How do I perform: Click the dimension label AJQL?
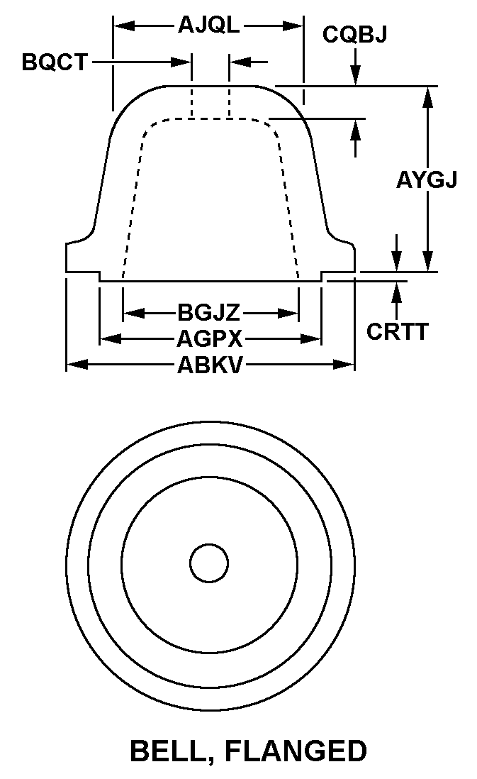[x=209, y=24]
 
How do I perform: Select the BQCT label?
[x=55, y=62]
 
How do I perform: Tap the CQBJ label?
[x=355, y=34]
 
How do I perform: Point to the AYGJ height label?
[x=427, y=179]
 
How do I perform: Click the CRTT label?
[x=397, y=331]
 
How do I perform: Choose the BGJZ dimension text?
[x=209, y=313]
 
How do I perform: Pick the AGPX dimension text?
[x=210, y=339]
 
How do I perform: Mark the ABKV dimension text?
[x=210, y=365]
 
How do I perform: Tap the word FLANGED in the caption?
[x=296, y=751]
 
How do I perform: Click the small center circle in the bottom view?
[x=209, y=563]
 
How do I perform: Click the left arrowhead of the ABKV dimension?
[x=77, y=365]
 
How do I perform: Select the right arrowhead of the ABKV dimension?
[x=344, y=365]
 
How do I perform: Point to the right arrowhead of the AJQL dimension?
[x=293, y=26]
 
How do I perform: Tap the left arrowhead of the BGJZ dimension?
[x=134, y=313]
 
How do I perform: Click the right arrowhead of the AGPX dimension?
[x=310, y=339]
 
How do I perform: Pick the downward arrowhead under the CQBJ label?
[x=355, y=75]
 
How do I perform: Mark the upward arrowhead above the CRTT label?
[x=396, y=292]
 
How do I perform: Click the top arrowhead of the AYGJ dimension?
[x=428, y=97]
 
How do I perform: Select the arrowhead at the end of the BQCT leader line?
[x=181, y=62]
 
